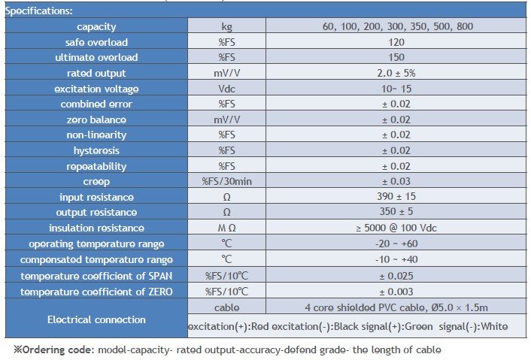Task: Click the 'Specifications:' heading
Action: click(39, 11)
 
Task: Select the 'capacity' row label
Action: click(96, 26)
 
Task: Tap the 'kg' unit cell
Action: click(226, 26)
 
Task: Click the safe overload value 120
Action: click(396, 42)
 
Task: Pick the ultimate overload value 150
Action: click(396, 57)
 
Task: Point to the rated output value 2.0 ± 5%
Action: click(396, 73)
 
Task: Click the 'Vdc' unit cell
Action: click(226, 89)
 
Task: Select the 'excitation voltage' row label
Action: click(96, 89)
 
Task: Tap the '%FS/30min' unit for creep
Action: click(226, 181)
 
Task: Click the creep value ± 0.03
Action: click(396, 181)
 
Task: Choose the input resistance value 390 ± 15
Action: click(396, 197)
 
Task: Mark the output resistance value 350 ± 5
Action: click(396, 213)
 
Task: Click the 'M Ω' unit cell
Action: click(226, 228)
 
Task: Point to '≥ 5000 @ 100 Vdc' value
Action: click(396, 228)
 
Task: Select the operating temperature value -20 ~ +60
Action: click(396, 244)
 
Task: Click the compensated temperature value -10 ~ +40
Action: click(396, 259)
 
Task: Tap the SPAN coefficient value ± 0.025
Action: click(396, 275)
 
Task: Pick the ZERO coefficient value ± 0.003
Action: click(396, 291)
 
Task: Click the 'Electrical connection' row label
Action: click(96, 319)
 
